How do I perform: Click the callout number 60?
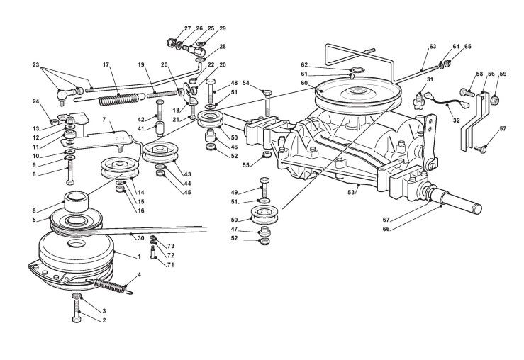(304, 83)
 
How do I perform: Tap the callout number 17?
(106, 64)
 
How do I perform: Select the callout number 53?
(350, 192)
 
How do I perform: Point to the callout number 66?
(386, 229)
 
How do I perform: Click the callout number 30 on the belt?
(140, 238)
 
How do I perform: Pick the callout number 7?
(104, 119)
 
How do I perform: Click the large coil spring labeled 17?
(119, 99)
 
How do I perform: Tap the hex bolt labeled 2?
(77, 311)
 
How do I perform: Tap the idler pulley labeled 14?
(119, 168)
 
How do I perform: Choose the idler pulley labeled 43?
(161, 152)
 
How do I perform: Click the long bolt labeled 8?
(70, 172)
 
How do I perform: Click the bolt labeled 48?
(211, 91)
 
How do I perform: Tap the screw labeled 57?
(481, 150)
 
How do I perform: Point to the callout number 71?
(170, 265)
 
